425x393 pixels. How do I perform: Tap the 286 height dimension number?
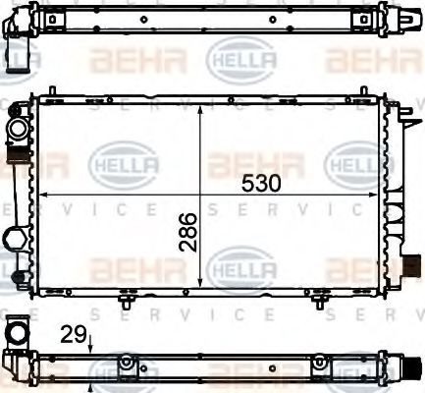pos(188,232)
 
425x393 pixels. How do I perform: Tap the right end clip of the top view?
pos(408,22)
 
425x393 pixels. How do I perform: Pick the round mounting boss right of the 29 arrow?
pos(125,365)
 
